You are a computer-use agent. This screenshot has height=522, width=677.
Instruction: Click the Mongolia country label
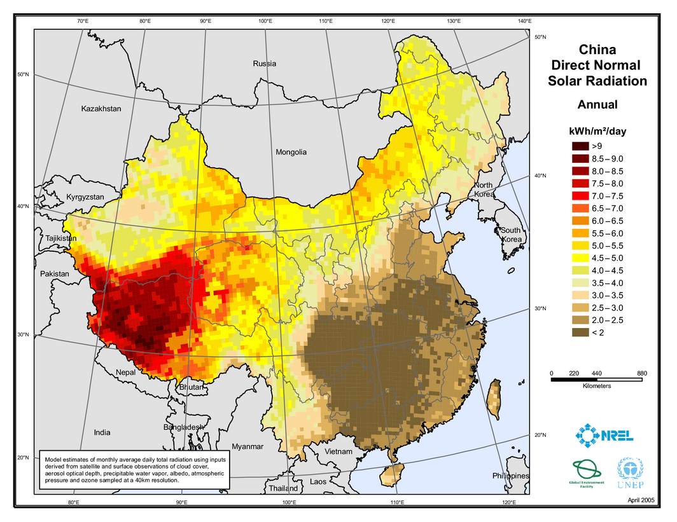291,152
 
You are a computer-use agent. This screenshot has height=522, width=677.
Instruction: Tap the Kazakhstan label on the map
101,109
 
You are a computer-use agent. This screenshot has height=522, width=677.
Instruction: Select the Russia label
265,64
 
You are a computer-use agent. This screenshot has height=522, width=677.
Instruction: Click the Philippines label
510,476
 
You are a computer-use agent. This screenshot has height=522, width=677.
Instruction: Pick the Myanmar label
248,446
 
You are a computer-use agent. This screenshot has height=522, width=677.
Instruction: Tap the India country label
102,432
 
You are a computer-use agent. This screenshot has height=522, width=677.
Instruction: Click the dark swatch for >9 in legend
580,146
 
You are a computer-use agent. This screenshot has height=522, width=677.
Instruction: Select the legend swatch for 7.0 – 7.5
580,196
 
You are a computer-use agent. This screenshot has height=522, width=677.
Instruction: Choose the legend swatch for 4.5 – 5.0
580,258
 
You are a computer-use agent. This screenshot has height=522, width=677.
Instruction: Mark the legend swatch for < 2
580,331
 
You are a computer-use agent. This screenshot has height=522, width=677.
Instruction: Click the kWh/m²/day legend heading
597,131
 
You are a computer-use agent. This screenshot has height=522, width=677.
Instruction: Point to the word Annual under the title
597,105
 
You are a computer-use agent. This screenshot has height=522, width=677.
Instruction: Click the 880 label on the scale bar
641,373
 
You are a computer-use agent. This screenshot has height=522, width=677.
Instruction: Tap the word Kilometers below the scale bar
597,386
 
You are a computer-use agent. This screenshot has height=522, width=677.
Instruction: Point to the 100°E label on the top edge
265,22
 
